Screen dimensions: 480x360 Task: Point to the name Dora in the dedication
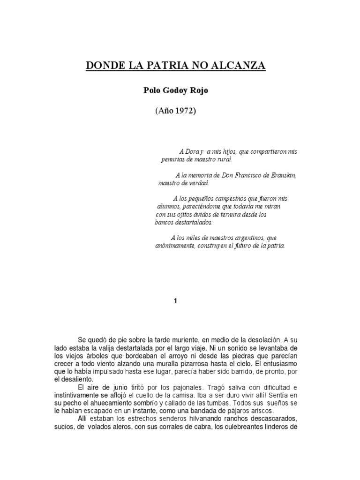[x=191, y=152]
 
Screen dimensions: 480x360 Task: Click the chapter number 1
[x=175, y=301]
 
